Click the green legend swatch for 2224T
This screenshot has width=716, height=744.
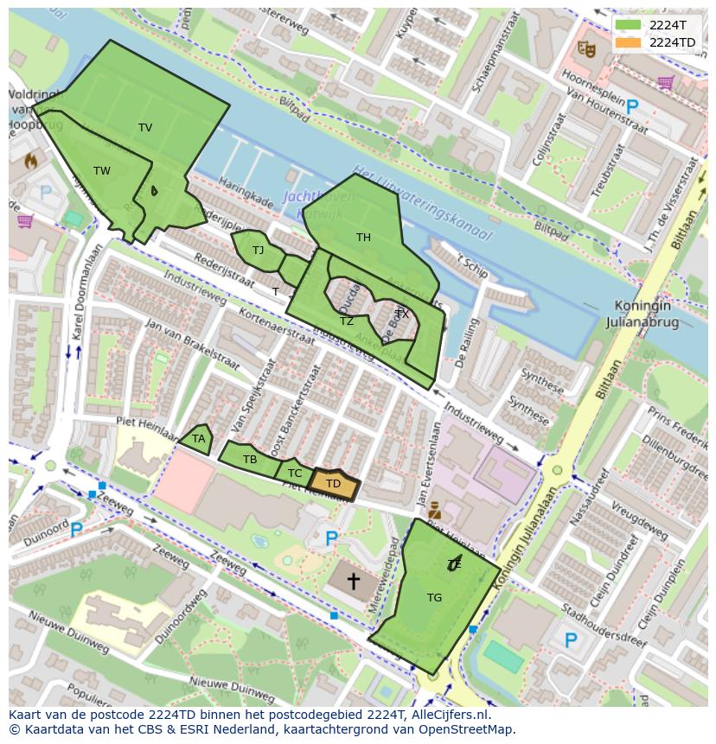click(629, 24)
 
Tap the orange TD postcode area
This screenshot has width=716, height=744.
click(333, 485)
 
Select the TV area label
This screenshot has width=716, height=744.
click(145, 128)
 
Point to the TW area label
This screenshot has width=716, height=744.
click(102, 171)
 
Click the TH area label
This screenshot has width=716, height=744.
click(363, 238)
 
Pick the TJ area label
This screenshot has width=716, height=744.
click(258, 251)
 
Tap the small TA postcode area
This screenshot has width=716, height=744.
click(198, 439)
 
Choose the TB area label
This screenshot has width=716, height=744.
click(250, 460)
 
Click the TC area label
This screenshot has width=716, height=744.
click(295, 474)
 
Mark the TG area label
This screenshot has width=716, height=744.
click(434, 597)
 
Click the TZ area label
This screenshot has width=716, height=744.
click(347, 321)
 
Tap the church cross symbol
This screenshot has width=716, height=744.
click(353, 581)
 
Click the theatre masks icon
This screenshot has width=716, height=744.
click(586, 50)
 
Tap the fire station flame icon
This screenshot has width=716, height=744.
click(31, 161)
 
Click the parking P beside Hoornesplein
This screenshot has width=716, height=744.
click(632, 106)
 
